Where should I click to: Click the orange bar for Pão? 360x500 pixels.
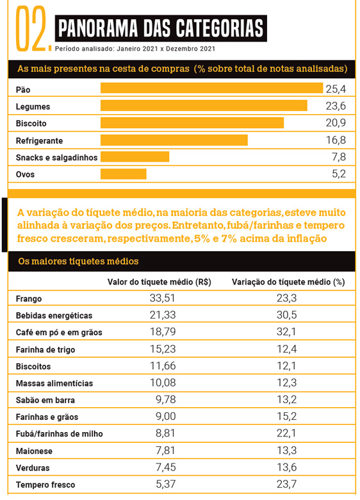click(211, 88)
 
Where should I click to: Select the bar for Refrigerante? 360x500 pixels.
click(174, 140)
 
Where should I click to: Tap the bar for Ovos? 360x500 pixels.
click(123, 174)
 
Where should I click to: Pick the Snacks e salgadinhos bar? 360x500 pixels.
click(135, 157)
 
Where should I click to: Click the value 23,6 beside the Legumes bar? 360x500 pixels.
click(336, 106)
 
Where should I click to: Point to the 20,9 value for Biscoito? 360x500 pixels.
click(336, 123)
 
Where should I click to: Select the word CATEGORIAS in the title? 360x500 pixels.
click(220, 28)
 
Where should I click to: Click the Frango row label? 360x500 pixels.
click(29, 299)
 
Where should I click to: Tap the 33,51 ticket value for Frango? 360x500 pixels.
click(163, 298)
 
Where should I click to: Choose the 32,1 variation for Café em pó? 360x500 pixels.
click(286, 331)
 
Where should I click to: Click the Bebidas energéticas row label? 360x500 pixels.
click(54, 315)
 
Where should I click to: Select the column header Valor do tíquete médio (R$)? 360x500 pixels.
click(160, 282)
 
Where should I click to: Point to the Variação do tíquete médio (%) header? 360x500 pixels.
click(288, 282)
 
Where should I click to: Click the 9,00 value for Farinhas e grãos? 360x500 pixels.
click(166, 416)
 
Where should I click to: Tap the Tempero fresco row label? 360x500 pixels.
click(45, 485)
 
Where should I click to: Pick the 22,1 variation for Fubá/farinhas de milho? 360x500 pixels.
click(286, 433)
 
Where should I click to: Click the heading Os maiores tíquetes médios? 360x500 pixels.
click(78, 261)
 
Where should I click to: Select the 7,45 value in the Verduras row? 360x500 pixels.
click(166, 467)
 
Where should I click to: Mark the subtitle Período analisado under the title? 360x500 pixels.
click(135, 49)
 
